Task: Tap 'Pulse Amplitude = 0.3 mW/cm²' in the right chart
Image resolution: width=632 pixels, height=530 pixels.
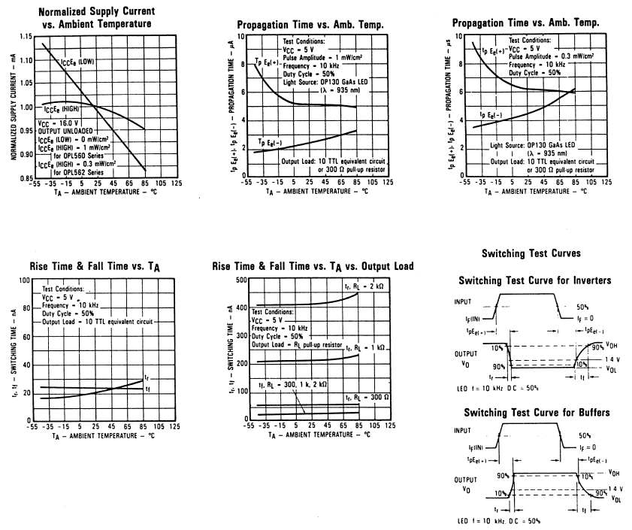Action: (554, 56)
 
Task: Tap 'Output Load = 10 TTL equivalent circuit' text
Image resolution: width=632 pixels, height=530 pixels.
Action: (98, 321)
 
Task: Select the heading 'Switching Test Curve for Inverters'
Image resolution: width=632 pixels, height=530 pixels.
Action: (534, 280)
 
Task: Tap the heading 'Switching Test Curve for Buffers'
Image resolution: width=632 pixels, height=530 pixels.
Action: (534, 413)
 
